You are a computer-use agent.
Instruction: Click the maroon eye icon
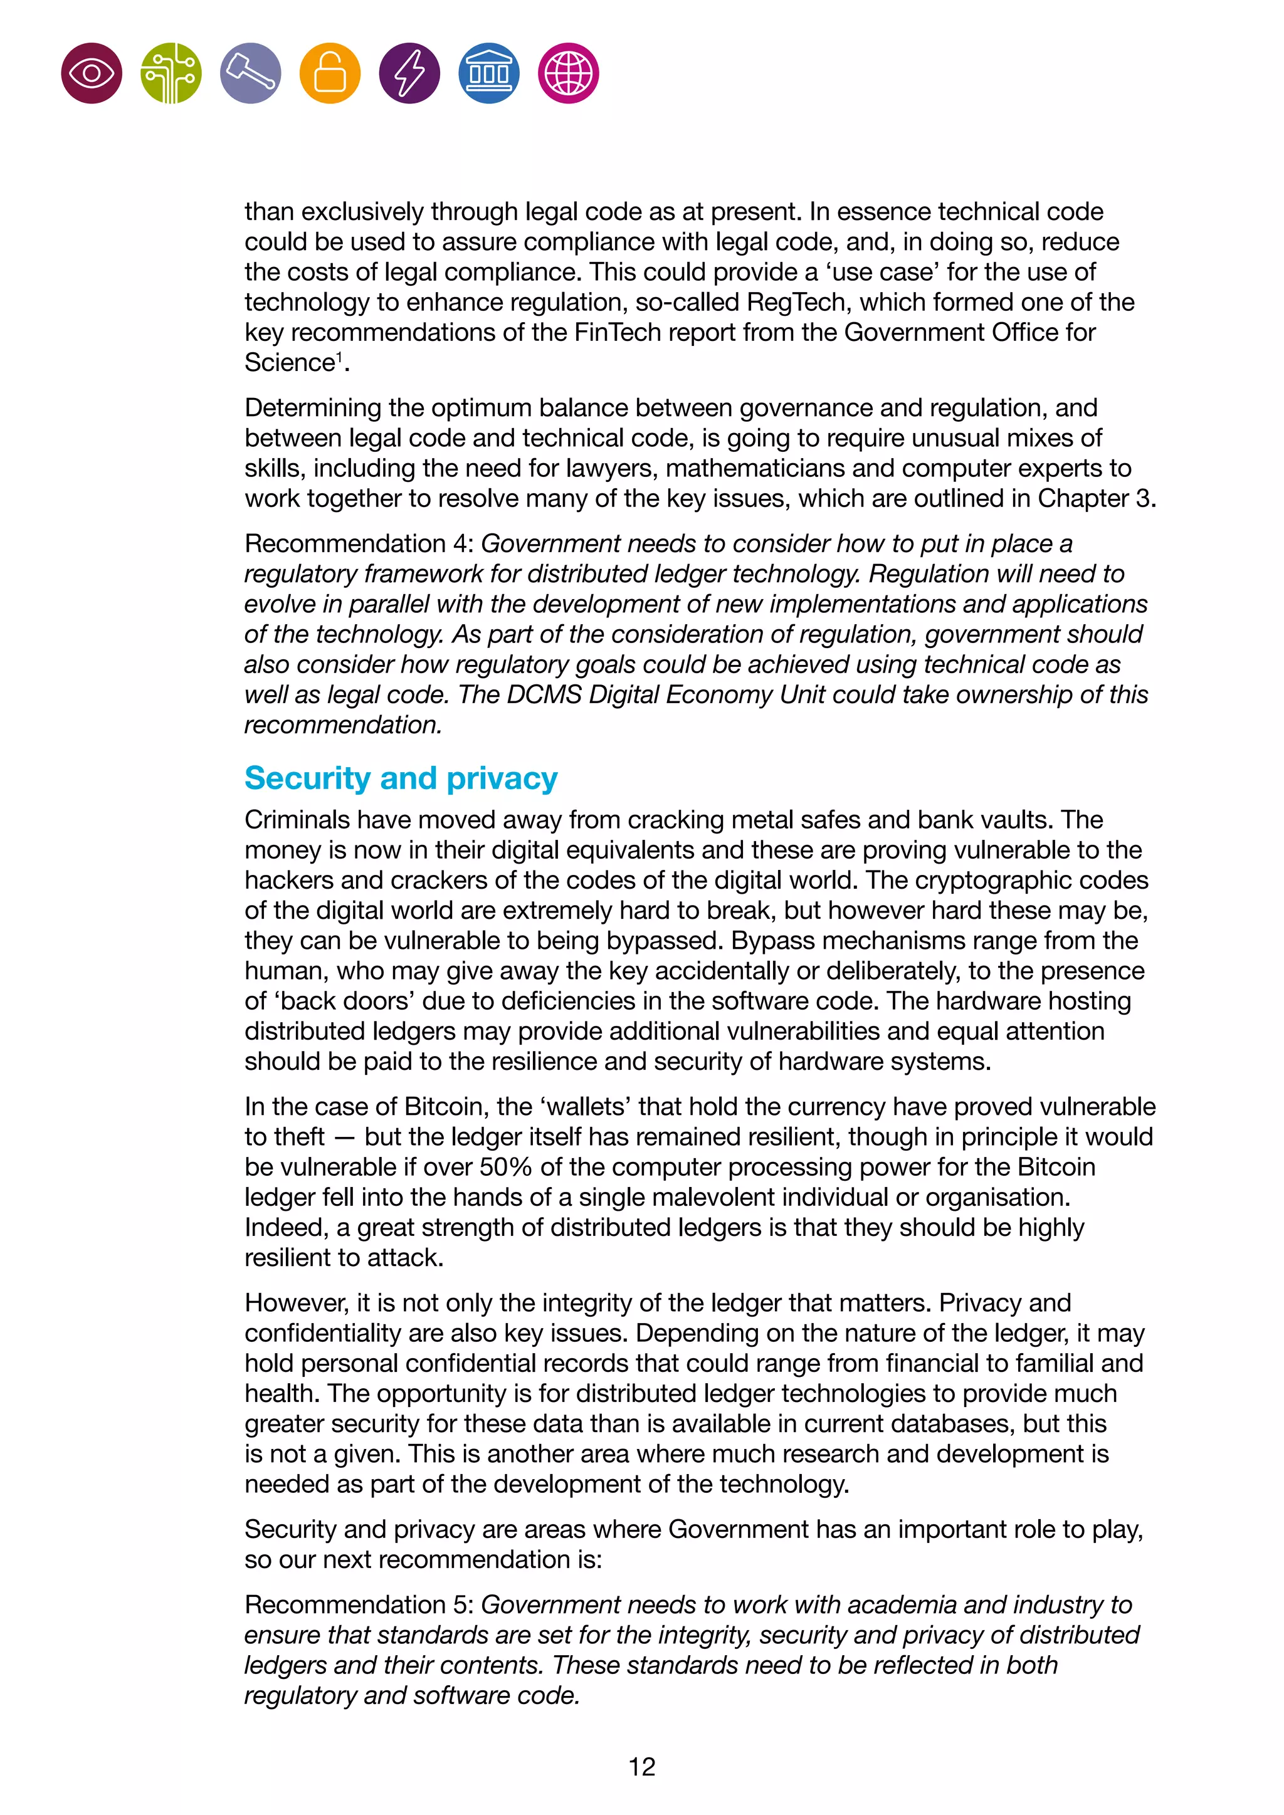(x=92, y=73)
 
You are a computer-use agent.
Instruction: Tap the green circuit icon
(x=171, y=73)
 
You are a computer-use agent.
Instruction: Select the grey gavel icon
(x=251, y=73)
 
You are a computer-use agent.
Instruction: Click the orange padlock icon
(x=330, y=73)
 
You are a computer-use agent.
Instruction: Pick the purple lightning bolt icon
(x=409, y=73)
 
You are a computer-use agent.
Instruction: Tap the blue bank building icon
(x=488, y=73)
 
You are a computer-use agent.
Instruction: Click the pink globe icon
(x=569, y=73)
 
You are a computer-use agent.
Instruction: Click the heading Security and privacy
(x=401, y=778)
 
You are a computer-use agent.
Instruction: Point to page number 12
(x=641, y=1767)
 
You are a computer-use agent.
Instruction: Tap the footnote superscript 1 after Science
(x=339, y=357)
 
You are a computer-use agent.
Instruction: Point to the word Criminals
(x=300, y=820)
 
